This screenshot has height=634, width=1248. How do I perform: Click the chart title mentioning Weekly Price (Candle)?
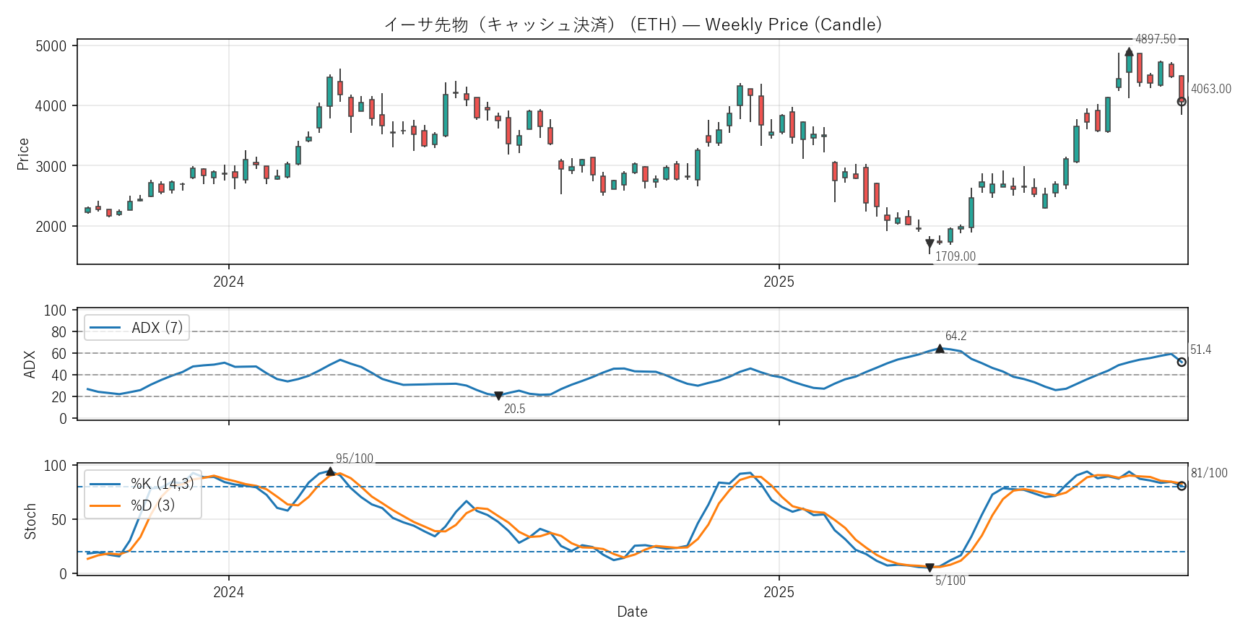coord(632,25)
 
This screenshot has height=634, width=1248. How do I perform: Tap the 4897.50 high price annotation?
coord(1155,39)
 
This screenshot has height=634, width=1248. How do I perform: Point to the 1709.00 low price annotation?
coord(955,256)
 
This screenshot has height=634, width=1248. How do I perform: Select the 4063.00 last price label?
coord(1210,89)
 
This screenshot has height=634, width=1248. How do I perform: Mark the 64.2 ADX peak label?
coord(955,336)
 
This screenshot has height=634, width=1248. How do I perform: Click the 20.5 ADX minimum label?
coord(514,409)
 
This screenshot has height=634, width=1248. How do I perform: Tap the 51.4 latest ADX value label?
coord(1200,349)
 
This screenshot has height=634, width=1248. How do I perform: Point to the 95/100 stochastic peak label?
coord(355,459)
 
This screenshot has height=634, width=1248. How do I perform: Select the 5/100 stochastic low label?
coord(950,581)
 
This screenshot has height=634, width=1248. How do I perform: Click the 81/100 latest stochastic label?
coord(1208,473)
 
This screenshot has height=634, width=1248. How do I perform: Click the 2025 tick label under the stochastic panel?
coord(779,592)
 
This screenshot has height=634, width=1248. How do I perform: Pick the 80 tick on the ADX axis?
coord(58,332)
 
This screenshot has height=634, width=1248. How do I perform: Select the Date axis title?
coord(632,612)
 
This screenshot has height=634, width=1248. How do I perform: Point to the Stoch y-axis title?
coord(30,521)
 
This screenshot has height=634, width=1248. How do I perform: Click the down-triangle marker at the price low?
coord(929,244)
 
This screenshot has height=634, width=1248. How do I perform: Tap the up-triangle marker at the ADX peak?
coord(940,349)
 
